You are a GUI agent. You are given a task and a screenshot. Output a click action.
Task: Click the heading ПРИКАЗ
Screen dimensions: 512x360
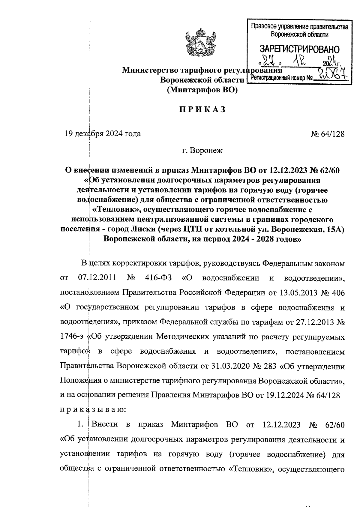[x=202, y=110]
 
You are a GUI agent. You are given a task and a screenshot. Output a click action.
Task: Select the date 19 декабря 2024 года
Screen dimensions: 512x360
[x=103, y=134]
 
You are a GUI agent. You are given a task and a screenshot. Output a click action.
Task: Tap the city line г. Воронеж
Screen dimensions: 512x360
[x=202, y=150]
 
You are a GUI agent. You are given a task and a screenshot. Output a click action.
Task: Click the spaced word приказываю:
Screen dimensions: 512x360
[x=93, y=410]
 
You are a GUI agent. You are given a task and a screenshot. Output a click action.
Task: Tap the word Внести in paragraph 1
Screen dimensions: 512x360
[x=105, y=425]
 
